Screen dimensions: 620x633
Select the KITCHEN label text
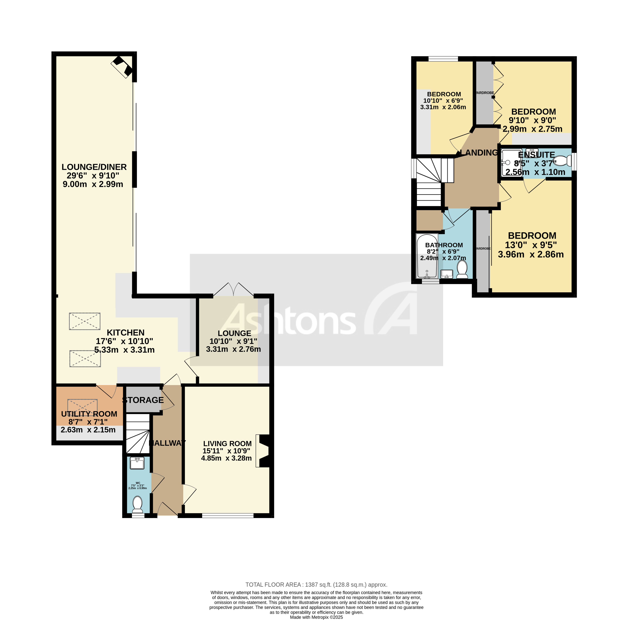click(125, 333)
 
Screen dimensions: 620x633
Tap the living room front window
click(227, 516)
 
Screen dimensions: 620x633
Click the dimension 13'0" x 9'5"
click(531, 245)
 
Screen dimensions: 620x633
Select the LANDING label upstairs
click(479, 152)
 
